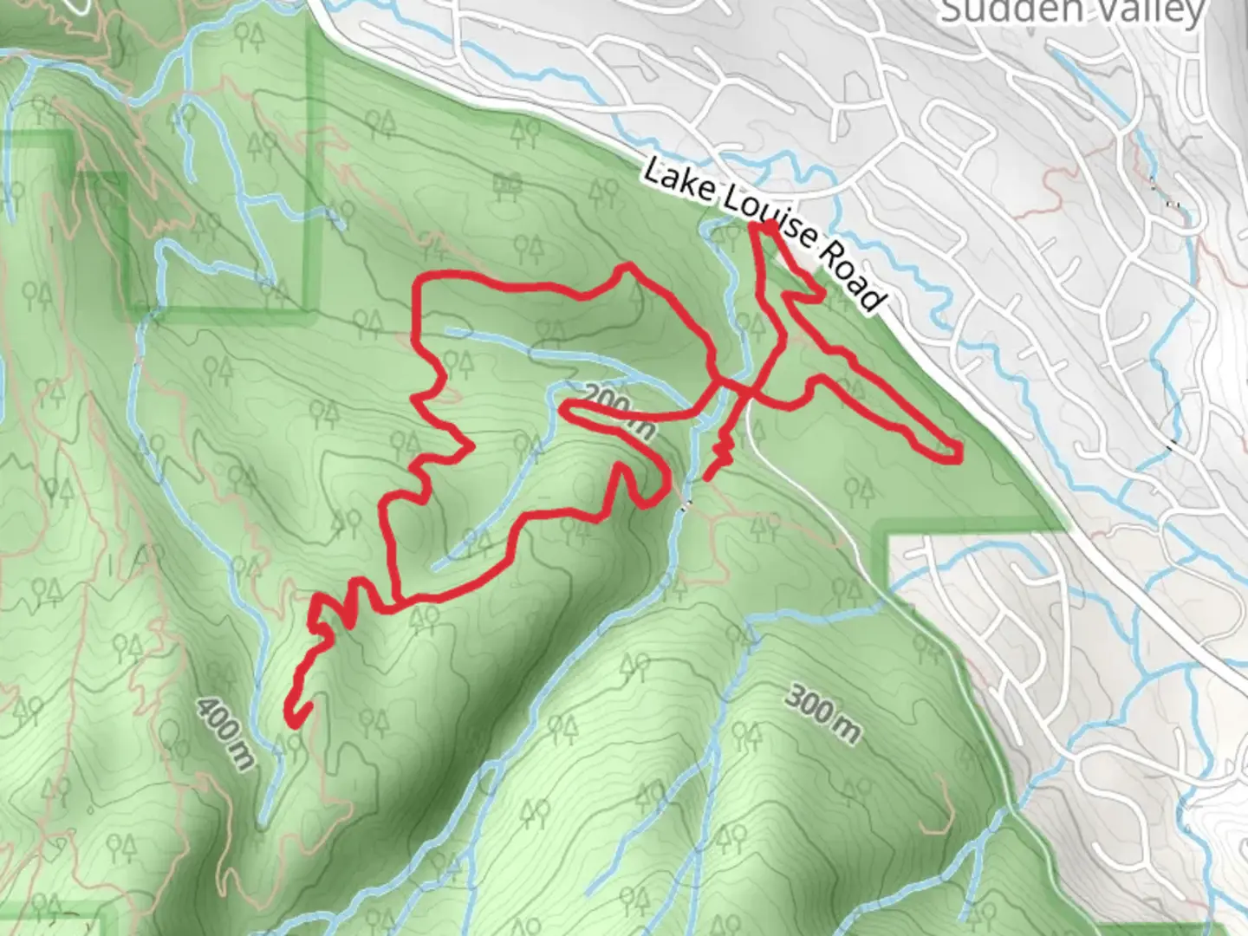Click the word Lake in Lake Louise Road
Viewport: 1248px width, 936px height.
[676, 184]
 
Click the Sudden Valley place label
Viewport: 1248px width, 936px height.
[1073, 11]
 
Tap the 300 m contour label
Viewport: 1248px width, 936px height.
[823, 712]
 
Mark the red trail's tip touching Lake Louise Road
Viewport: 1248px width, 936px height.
[768, 227]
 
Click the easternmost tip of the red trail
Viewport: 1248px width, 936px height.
[959, 452]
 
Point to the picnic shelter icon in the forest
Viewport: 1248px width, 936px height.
[507, 184]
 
